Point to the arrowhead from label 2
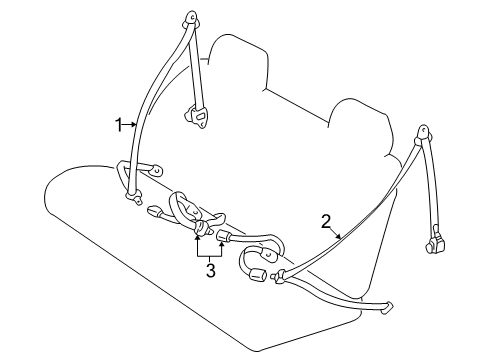click(x=341, y=236)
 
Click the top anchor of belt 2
click(x=425, y=133)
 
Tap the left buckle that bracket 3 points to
click(x=200, y=233)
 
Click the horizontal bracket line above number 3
click(x=210, y=251)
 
